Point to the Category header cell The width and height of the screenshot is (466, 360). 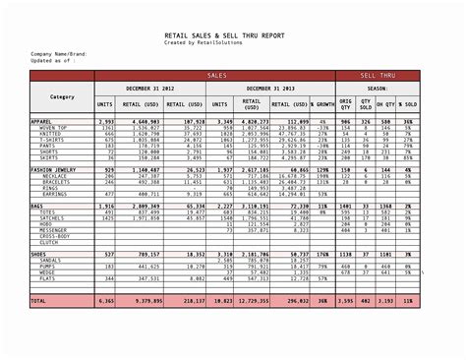[x=62, y=96]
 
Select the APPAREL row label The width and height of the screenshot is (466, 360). [x=44, y=121]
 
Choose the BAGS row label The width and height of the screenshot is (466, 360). [x=39, y=205]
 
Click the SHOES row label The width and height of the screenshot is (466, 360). [x=41, y=254]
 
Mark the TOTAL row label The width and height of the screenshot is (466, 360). [x=39, y=300]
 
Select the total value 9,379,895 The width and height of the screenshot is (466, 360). [x=147, y=300]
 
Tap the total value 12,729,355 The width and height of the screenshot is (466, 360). [x=252, y=300]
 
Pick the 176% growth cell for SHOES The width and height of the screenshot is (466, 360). [x=321, y=254]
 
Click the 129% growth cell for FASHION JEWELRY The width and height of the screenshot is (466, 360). [x=321, y=170]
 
